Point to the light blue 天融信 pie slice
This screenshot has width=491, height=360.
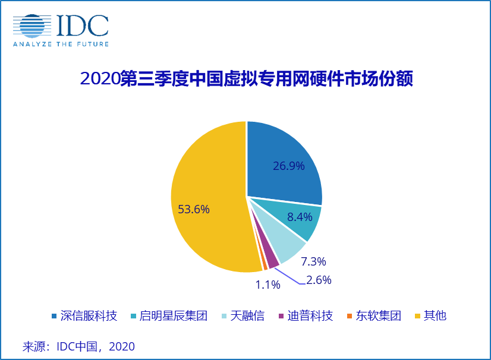pyautogui.click(x=282, y=247)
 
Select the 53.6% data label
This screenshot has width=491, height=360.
pyautogui.click(x=194, y=209)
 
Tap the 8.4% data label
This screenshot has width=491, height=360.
pyautogui.click(x=299, y=217)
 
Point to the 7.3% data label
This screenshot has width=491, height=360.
pyautogui.click(x=313, y=261)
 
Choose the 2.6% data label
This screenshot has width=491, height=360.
pyautogui.click(x=319, y=280)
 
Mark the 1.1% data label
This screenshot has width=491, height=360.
pyautogui.click(x=267, y=285)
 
